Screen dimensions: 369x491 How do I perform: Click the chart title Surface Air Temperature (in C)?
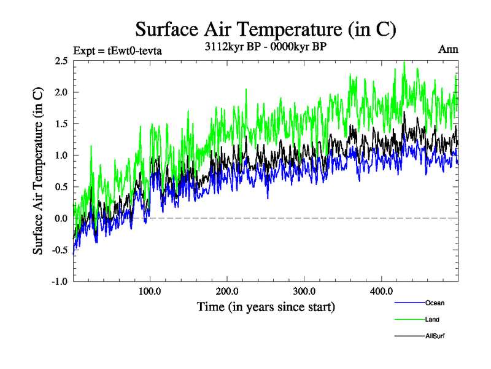pyautogui.click(x=266, y=30)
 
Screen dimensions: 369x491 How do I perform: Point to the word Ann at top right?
pyautogui.click(x=448, y=49)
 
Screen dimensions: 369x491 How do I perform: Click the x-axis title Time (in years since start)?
pyautogui.click(x=266, y=306)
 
